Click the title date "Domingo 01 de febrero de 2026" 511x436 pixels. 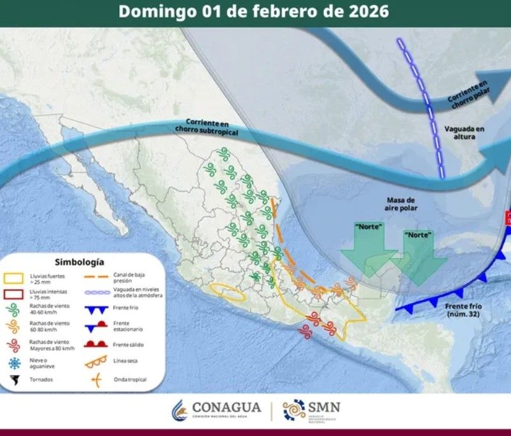pos(254,11)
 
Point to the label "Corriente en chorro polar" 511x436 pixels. pos(468,92)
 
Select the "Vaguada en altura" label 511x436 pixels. pos(464,132)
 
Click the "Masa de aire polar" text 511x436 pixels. pos(401,204)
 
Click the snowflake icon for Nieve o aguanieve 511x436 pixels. pos(13,363)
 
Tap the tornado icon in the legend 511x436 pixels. pos(13,380)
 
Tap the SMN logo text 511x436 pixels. pos(325,407)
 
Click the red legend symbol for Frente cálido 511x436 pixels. pos(97,344)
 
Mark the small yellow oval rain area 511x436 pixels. pos(228,292)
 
